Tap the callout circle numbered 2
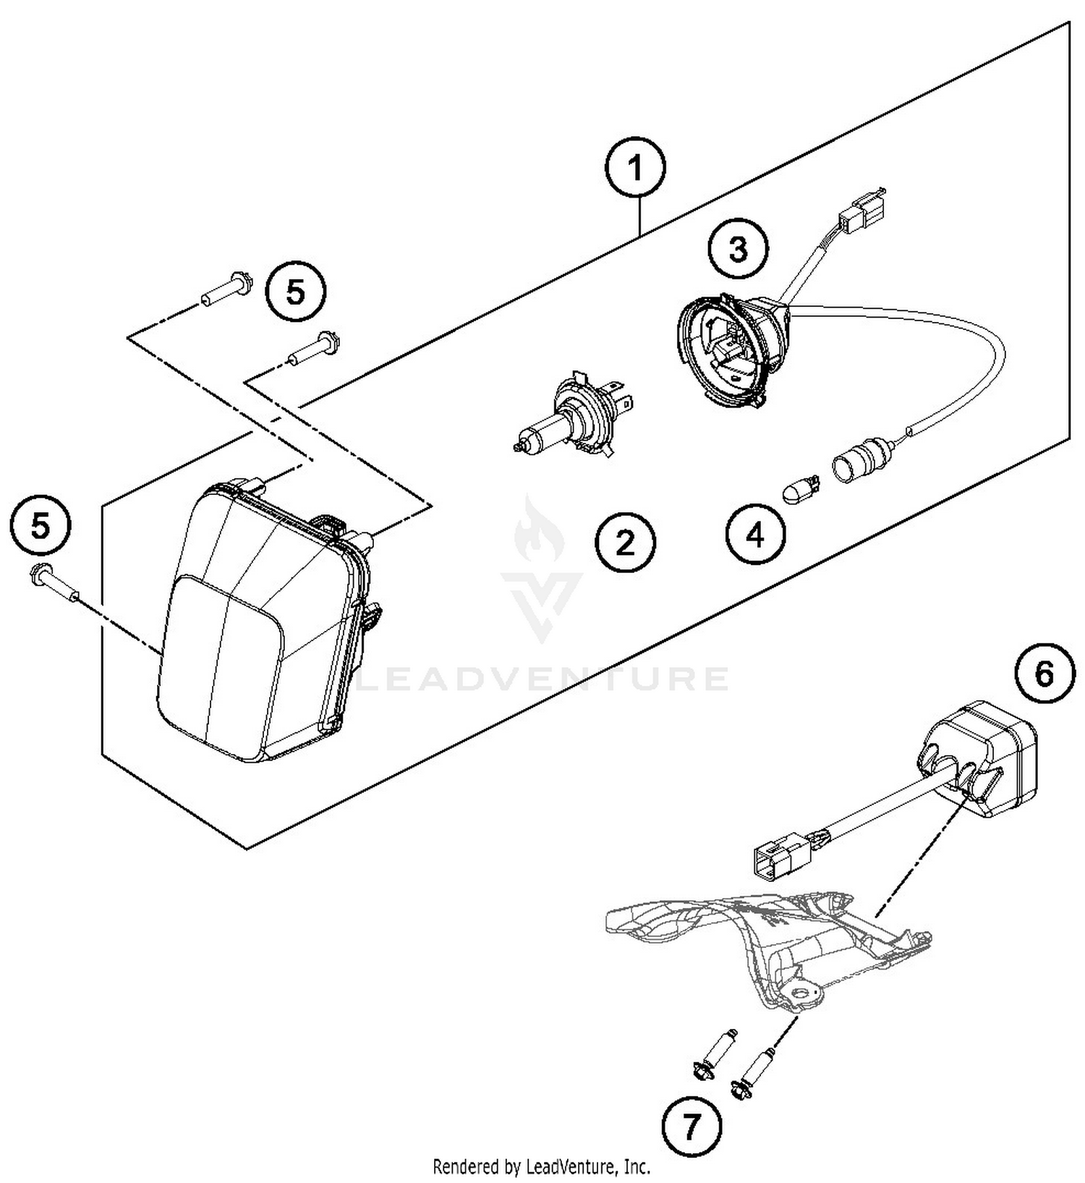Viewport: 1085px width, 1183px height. pos(625,543)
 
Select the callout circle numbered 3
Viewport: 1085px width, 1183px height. pos(737,250)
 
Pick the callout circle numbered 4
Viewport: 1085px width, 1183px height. pos(754,535)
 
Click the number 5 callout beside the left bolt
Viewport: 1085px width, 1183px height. pos(41,526)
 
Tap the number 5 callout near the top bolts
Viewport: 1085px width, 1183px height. pos(295,293)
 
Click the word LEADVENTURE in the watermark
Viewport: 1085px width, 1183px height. pos(543,680)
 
